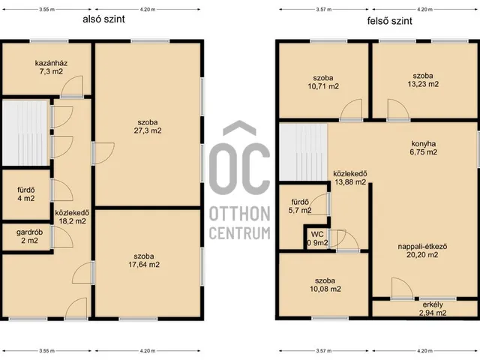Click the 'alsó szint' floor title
(103, 19)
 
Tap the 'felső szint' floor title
(390, 21)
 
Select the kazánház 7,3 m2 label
(51, 67)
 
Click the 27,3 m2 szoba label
(148, 127)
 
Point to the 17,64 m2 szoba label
(144, 260)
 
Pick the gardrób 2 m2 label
(30, 236)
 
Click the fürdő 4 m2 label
(26, 194)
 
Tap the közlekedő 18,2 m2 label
(72, 217)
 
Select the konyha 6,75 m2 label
(424, 148)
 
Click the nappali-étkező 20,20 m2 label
(422, 250)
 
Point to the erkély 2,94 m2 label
(433, 308)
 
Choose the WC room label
(317, 235)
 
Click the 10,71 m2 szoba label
(323, 82)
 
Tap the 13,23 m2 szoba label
(423, 80)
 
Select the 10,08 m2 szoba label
(325, 285)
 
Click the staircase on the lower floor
(25, 133)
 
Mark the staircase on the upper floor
(303, 152)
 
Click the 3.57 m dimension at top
(324, 10)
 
